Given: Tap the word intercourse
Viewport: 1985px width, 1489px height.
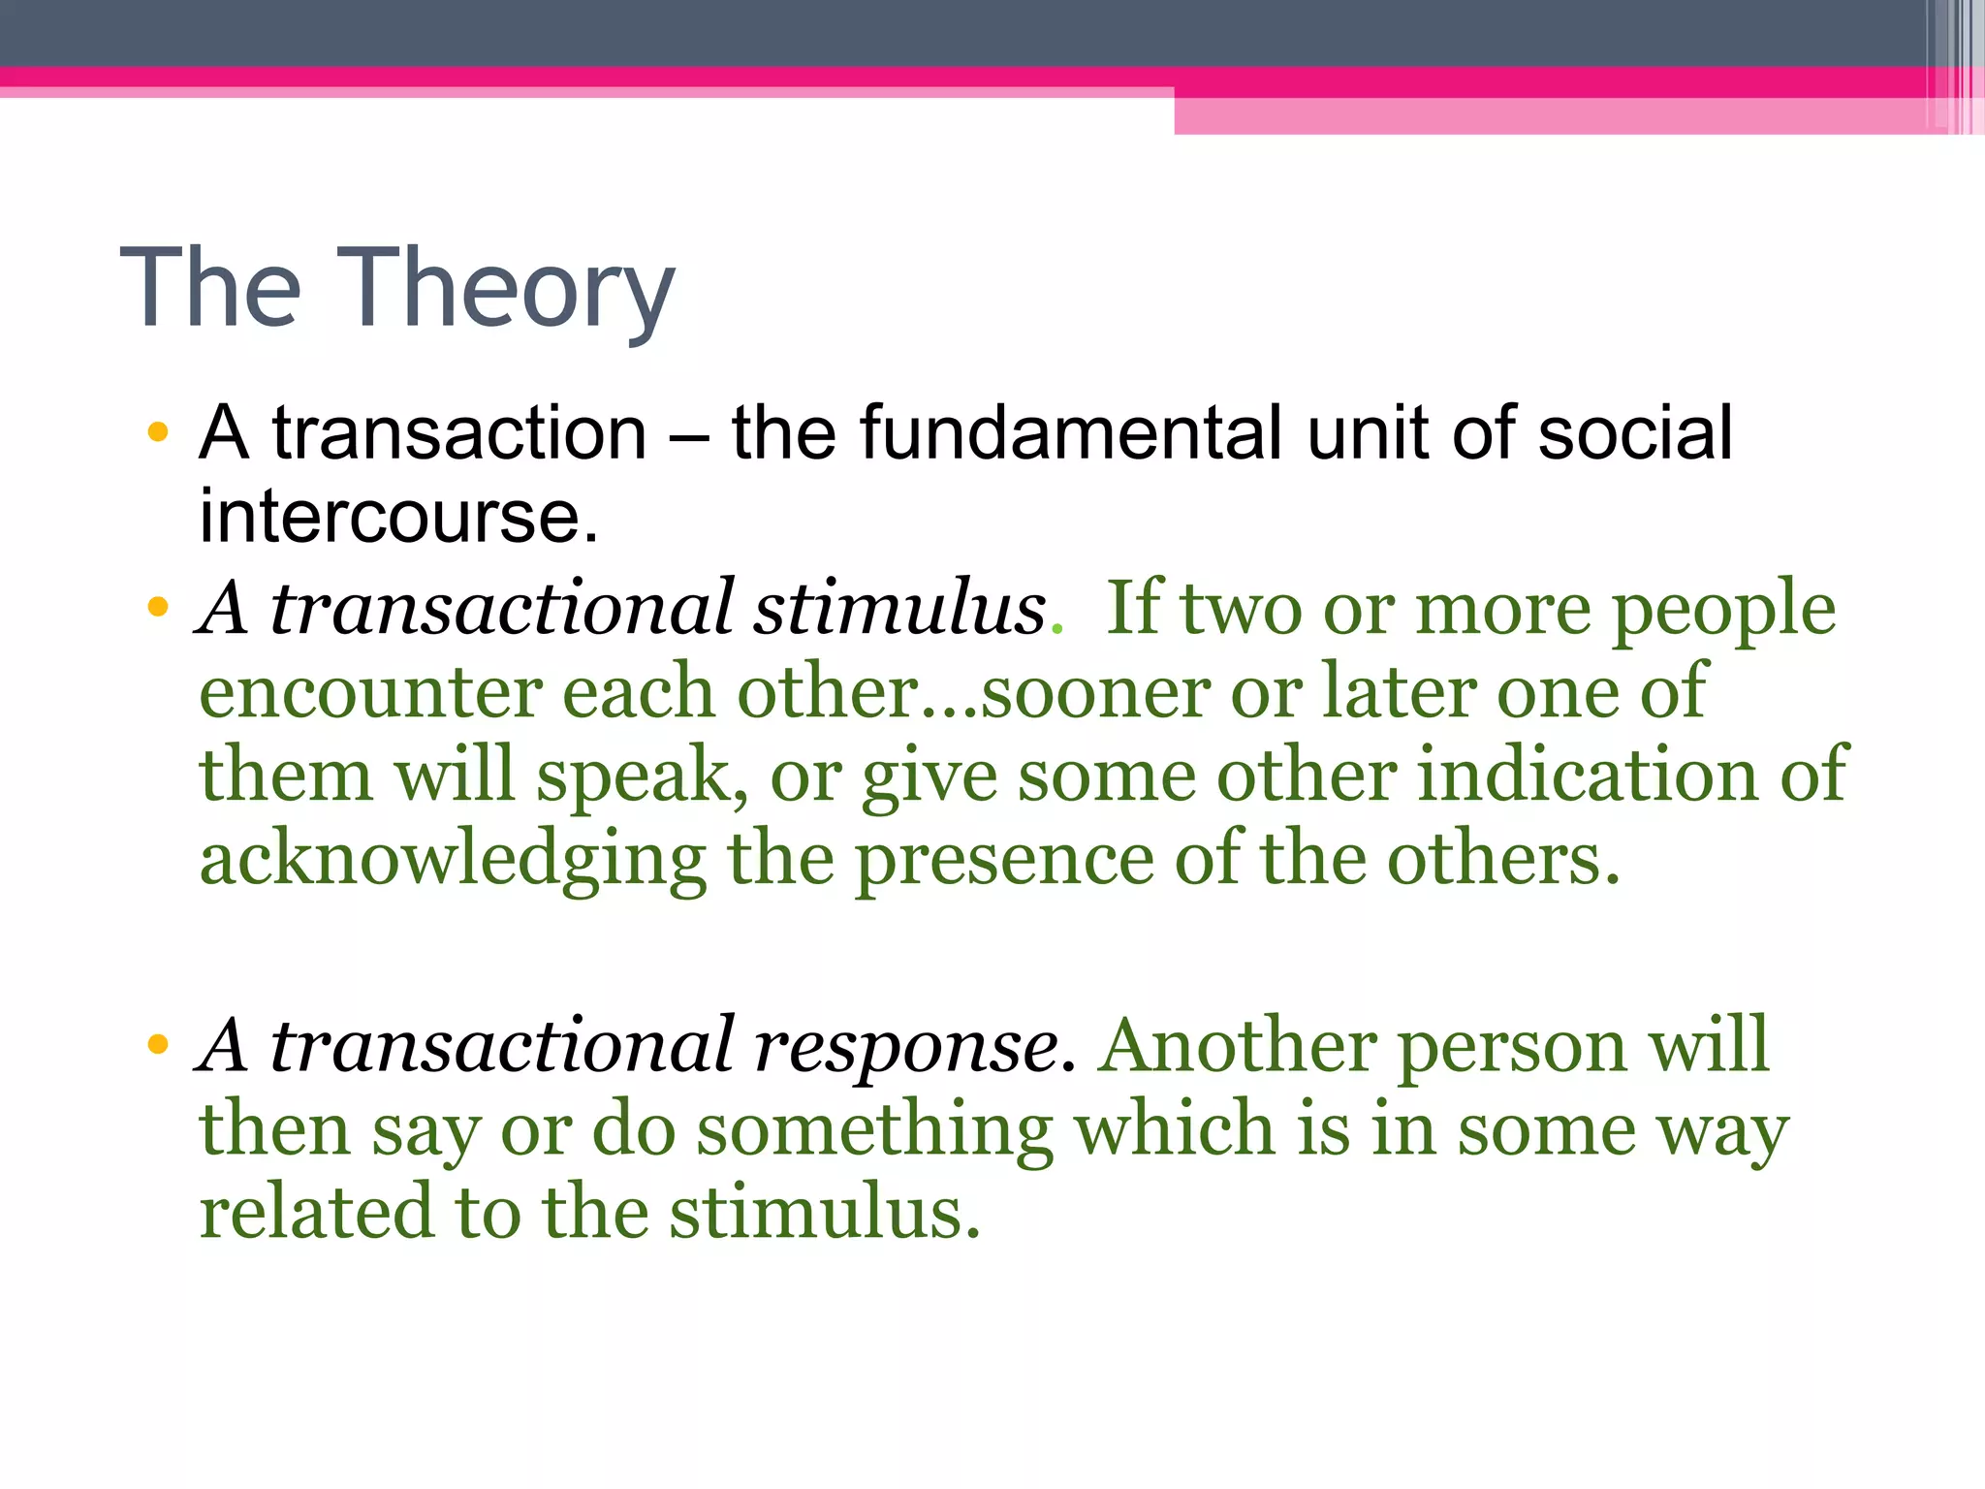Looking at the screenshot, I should pos(398,516).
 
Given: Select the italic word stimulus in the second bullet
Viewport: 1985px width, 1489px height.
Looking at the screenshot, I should pos(899,608).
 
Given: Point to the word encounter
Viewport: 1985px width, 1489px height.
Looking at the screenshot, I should pos(370,692).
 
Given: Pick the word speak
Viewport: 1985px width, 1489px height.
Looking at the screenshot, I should pos(643,776).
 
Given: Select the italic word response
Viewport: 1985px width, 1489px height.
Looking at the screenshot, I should pos(913,1046).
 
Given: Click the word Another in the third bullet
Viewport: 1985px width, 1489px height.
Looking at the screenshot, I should pos(1237,1046).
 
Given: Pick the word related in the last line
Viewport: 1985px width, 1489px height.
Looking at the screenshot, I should pos(315,1213).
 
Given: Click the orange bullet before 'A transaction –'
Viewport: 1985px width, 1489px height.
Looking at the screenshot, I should pos(158,432).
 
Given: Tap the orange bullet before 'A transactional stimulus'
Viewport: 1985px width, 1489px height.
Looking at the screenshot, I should pos(158,609).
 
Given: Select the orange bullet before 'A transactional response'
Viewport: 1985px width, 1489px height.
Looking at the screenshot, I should pos(158,1046).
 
